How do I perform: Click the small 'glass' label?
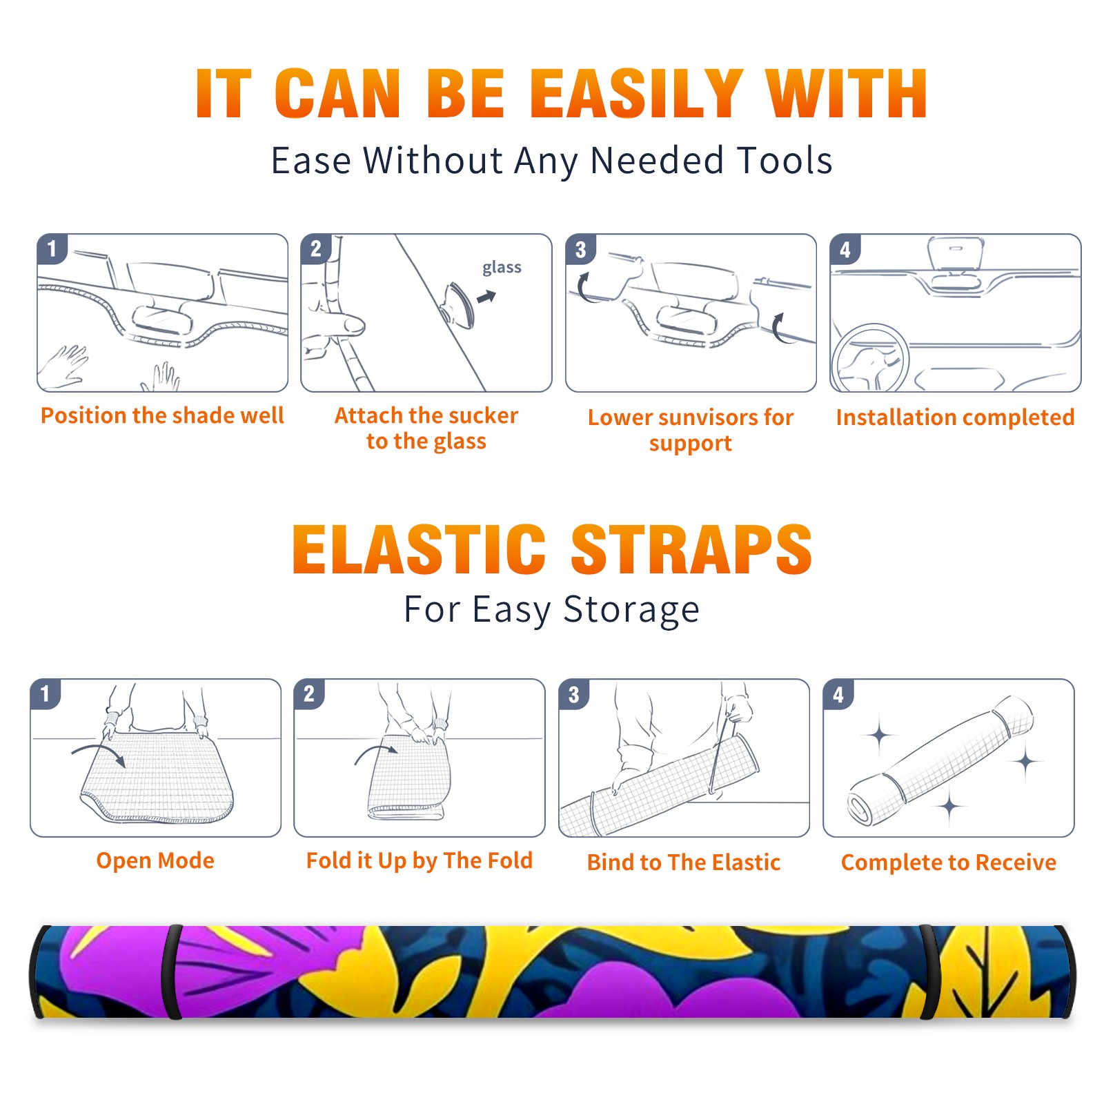click(502, 268)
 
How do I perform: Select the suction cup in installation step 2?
click(458, 306)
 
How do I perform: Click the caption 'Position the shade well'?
click(162, 415)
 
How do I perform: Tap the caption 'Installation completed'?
click(955, 417)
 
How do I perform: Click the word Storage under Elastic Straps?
click(631, 610)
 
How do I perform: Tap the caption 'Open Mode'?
click(155, 860)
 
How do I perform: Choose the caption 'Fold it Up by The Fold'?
click(420, 861)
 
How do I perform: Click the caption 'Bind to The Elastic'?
click(684, 862)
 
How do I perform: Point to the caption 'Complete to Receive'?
click(949, 862)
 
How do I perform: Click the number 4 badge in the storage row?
click(838, 694)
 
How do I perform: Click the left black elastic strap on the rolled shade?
click(172, 972)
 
